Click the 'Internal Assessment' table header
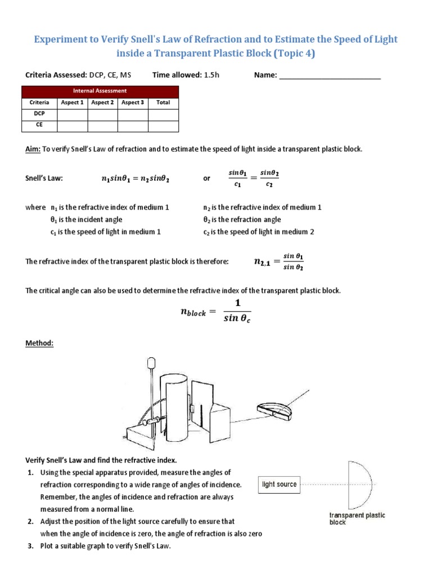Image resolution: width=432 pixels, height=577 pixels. (100, 91)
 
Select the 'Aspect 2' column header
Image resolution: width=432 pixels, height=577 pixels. (102, 103)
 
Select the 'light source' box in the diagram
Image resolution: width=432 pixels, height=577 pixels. (279, 484)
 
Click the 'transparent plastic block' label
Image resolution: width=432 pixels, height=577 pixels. (357, 518)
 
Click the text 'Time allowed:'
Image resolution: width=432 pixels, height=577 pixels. (175, 75)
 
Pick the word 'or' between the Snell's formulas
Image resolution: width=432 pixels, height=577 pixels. (206, 178)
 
